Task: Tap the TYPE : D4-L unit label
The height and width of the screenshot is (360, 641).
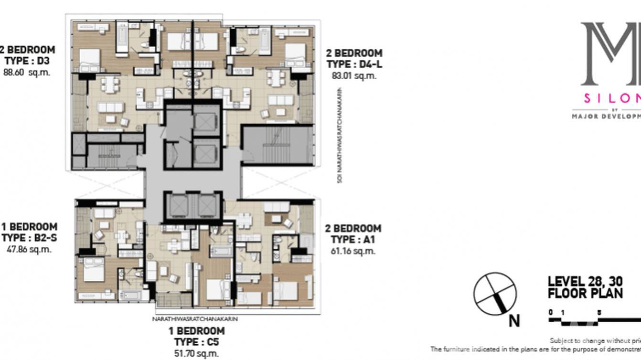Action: pyautogui.click(x=354, y=64)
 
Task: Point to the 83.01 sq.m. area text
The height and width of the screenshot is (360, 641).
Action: pyautogui.click(x=354, y=75)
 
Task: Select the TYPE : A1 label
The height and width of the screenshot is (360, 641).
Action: pyautogui.click(x=353, y=240)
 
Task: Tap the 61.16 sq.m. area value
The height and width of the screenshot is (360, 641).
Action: pyautogui.click(x=353, y=251)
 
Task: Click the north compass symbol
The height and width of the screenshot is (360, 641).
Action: pyautogui.click(x=495, y=294)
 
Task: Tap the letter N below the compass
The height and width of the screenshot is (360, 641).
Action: pyautogui.click(x=514, y=321)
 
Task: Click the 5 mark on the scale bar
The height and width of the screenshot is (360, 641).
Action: pyautogui.click(x=599, y=313)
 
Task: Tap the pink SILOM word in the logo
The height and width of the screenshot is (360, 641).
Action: pyautogui.click(x=612, y=98)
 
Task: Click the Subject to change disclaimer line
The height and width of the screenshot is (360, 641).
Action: pyautogui.click(x=595, y=341)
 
